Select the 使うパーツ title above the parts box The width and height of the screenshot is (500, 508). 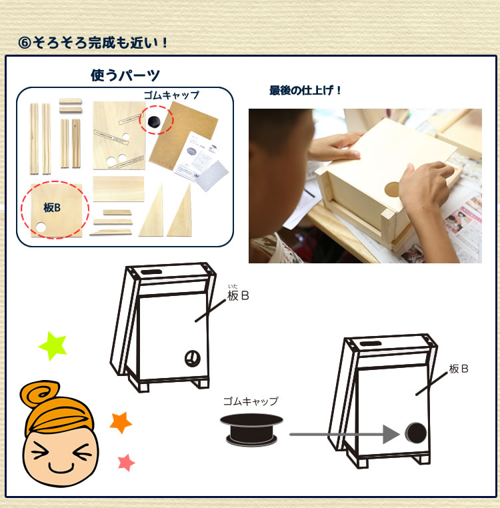tap(125, 75)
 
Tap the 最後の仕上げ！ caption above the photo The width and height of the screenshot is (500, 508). tap(305, 90)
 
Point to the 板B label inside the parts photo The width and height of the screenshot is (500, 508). tap(52, 207)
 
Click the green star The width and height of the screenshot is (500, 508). tap(53, 345)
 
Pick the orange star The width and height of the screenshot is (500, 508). tap(121, 422)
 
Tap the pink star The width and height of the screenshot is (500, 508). tap(125, 462)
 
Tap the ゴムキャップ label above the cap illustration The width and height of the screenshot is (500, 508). tap(251, 401)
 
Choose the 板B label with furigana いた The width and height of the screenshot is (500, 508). tap(238, 295)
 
